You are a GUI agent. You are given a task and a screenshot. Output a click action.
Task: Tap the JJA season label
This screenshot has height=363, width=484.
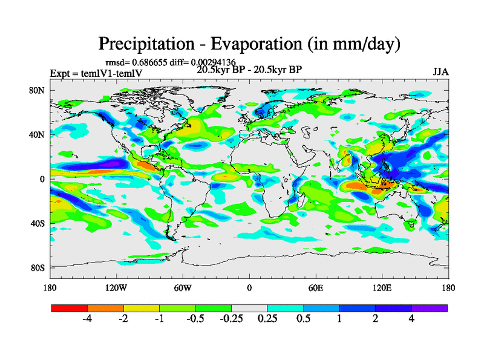click(440, 71)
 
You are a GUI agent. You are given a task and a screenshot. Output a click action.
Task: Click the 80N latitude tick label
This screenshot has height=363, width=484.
click(38, 91)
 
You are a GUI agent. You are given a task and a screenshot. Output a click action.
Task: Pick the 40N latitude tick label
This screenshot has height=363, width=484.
click(38, 135)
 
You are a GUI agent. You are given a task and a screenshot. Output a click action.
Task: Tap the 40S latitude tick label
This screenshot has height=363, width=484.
click(38, 223)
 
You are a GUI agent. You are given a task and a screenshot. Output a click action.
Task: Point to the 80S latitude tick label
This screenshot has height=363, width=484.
click(38, 267)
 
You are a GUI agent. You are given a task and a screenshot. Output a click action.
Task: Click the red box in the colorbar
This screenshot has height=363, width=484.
click(70, 308)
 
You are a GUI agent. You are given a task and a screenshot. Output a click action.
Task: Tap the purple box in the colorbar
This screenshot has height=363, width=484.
click(430, 308)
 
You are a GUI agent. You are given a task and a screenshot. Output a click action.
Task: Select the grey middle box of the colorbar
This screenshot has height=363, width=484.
click(249, 308)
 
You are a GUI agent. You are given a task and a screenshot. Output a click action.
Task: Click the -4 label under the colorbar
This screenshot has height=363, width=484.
click(87, 319)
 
